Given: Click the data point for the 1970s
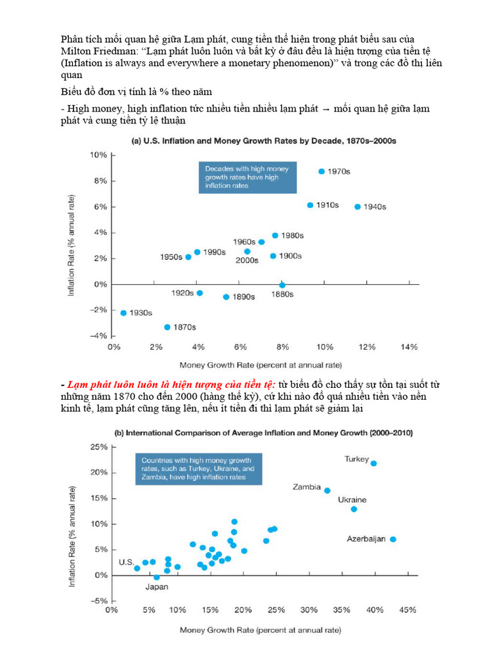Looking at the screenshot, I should (x=321, y=171).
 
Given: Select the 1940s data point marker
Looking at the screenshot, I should (x=358, y=207).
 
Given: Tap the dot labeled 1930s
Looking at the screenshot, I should (x=123, y=313).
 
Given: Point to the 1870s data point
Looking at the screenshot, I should (x=167, y=327).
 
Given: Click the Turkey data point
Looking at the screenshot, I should (x=373, y=463).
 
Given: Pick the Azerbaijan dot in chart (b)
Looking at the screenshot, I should (x=392, y=539).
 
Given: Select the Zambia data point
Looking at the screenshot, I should (x=327, y=490).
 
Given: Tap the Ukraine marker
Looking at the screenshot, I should (x=354, y=509).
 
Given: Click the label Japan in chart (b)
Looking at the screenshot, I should (x=156, y=587).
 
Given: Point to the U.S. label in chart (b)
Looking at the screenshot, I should (x=126, y=562).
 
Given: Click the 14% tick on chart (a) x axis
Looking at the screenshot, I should (x=408, y=347).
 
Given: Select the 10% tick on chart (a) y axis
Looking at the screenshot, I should (x=98, y=155).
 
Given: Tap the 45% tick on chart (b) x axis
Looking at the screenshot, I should (x=408, y=610).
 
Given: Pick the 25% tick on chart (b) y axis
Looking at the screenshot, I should (x=98, y=447).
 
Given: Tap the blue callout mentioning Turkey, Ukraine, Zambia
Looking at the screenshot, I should (x=198, y=468).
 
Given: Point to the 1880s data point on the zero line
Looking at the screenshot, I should (x=282, y=285).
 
